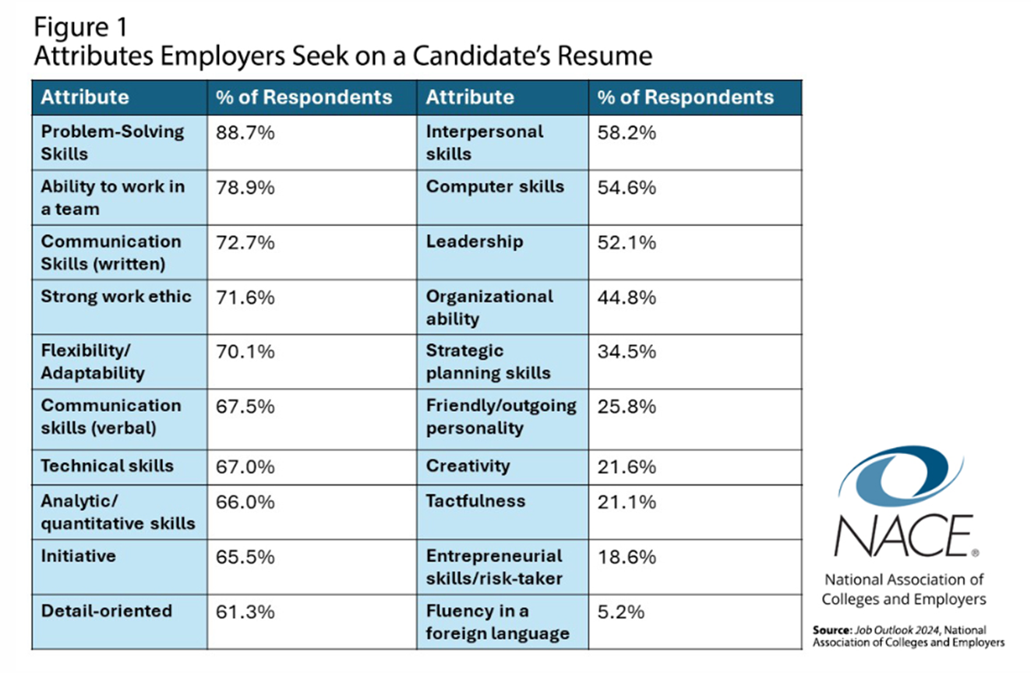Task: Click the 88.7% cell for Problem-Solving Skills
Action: (245, 133)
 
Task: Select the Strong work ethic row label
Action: (116, 297)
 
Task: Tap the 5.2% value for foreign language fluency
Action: (621, 612)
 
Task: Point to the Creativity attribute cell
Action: (468, 467)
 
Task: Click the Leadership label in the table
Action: (475, 242)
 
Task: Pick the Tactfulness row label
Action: (475, 502)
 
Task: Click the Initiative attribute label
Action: (78, 556)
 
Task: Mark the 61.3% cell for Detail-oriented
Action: (245, 612)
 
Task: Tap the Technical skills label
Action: (108, 467)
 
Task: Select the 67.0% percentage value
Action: (245, 467)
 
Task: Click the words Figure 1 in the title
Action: (80, 27)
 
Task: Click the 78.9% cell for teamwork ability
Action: (245, 188)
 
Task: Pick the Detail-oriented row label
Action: (107, 611)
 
